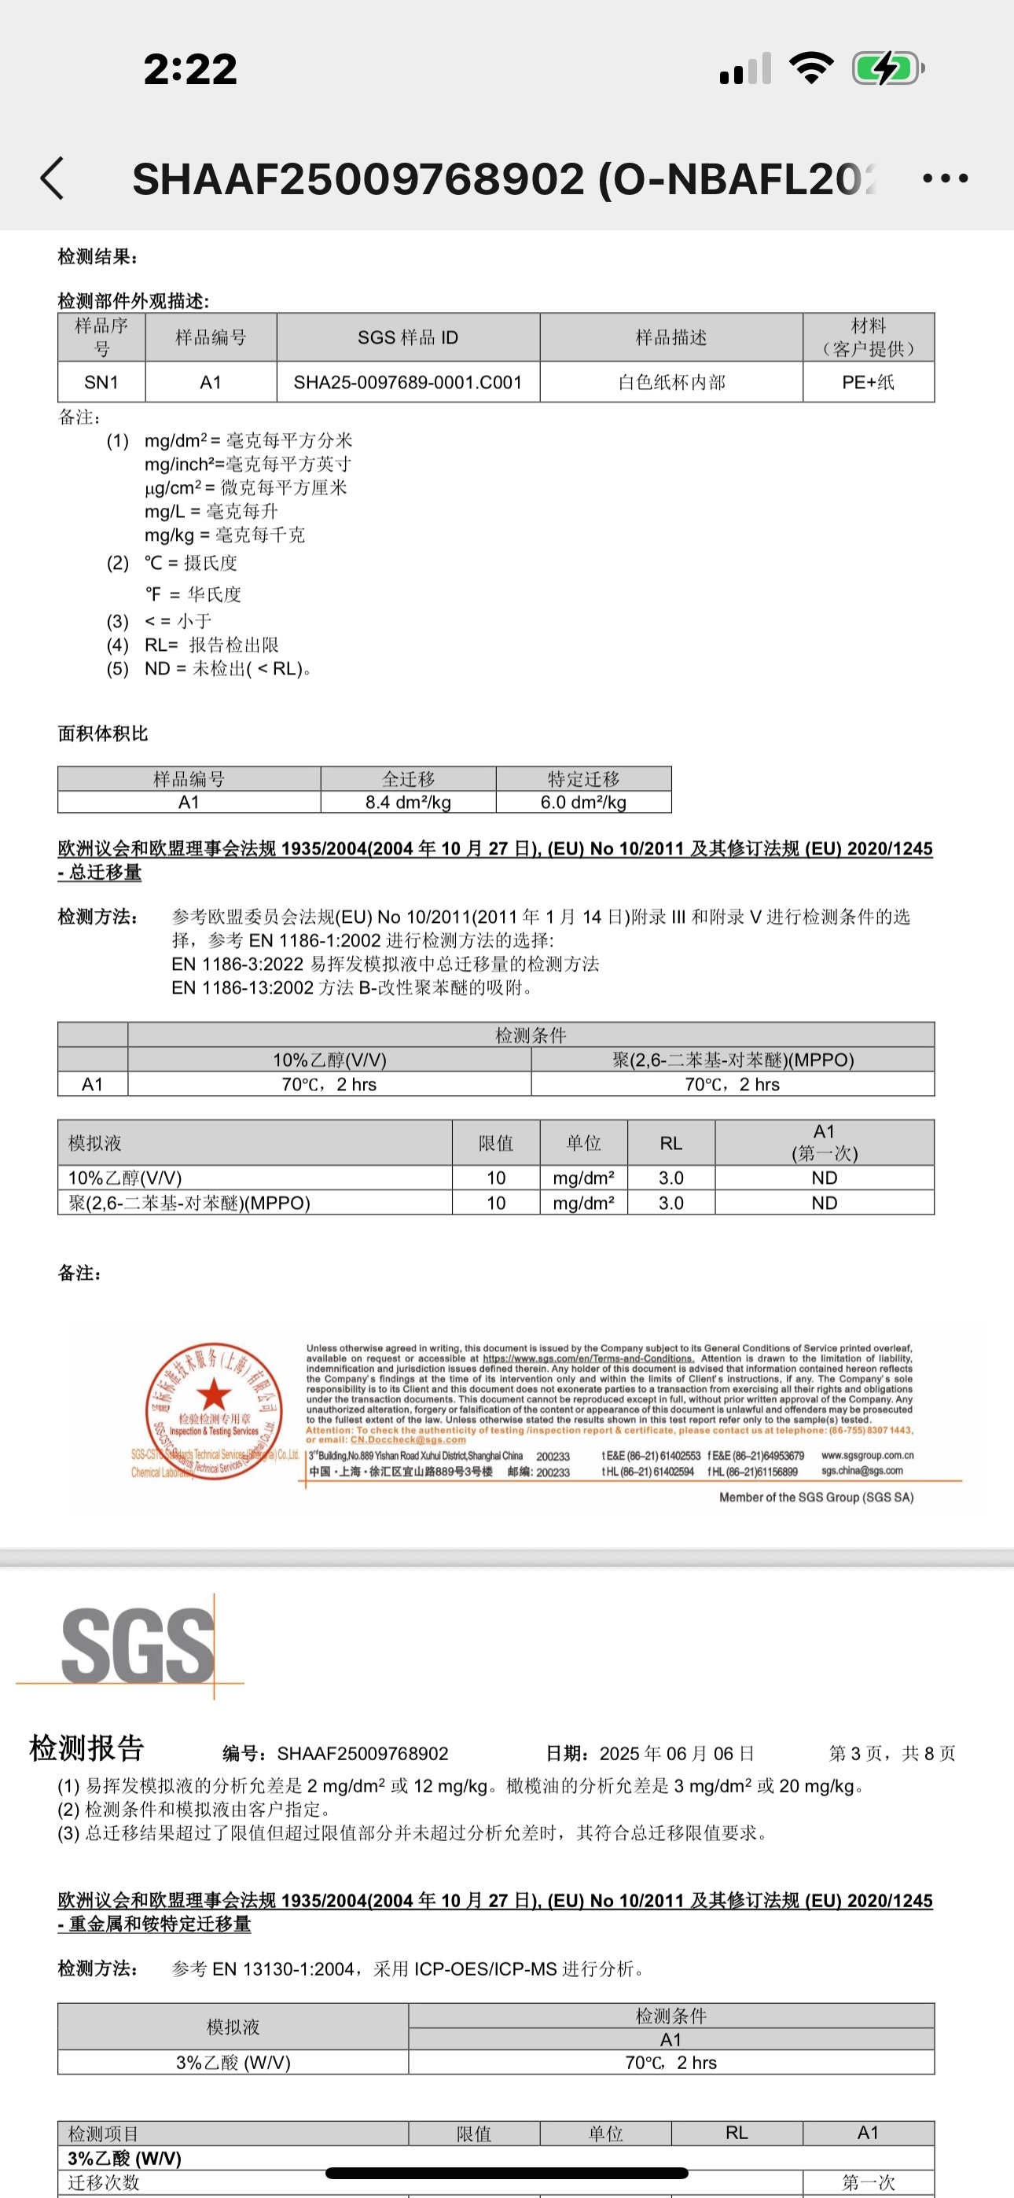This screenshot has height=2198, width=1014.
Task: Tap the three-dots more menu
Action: (946, 178)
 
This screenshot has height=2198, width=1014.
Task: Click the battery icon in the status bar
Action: (887, 68)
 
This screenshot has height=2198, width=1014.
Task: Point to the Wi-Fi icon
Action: (811, 68)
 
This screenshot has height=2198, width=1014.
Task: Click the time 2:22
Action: (189, 69)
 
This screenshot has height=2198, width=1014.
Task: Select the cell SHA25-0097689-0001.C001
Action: (408, 382)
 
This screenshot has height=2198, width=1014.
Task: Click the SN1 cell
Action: (101, 382)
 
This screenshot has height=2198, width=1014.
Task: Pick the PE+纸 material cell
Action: (868, 382)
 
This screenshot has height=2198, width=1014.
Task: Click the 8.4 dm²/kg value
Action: (408, 802)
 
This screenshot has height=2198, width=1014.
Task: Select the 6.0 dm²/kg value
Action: (583, 802)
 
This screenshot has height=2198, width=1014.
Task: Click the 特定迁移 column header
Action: (583, 778)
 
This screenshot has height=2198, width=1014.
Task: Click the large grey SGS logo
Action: (137, 1647)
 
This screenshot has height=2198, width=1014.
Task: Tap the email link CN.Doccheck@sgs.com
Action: (408, 1439)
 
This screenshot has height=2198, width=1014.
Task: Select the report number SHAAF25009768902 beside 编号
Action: (362, 1754)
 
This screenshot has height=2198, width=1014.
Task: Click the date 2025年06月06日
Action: (677, 1754)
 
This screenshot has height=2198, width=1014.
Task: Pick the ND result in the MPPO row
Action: (824, 1202)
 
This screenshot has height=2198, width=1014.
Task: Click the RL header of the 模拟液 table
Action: (670, 1142)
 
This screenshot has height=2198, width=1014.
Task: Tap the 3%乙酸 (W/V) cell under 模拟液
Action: (233, 2062)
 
